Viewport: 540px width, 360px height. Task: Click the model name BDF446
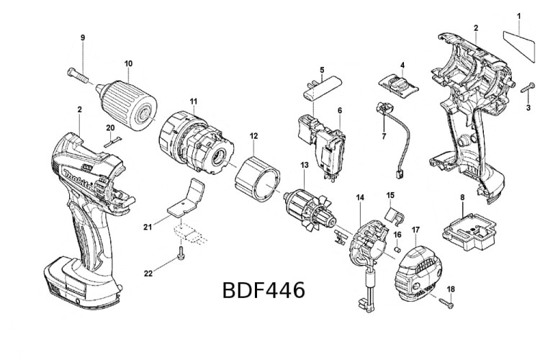[263, 290]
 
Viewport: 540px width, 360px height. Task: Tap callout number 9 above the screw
[83, 37]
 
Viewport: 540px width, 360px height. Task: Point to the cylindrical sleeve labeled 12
[258, 177]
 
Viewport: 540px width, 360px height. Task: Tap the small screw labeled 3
[524, 92]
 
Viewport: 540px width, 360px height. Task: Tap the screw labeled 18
[444, 305]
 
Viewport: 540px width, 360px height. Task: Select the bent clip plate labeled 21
[186, 199]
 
